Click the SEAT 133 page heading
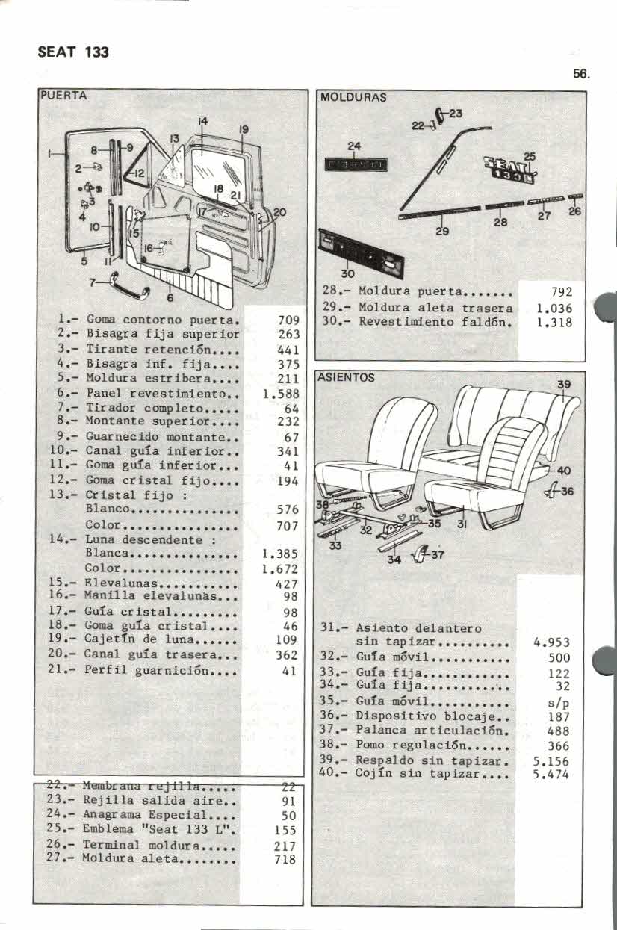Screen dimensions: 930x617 (73, 52)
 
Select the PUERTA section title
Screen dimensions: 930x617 (63, 96)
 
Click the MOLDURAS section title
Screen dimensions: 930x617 (353, 97)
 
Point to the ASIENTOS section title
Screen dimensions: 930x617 (347, 378)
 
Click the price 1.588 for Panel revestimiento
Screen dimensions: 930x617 (281, 393)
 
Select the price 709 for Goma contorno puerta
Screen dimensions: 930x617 (288, 320)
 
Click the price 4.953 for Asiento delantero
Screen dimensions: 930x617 (552, 642)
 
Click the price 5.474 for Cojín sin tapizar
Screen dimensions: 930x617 (551, 775)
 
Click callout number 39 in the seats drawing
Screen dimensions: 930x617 (565, 385)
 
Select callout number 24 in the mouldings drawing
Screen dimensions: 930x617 (354, 146)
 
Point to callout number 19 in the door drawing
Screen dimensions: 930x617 (243, 129)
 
